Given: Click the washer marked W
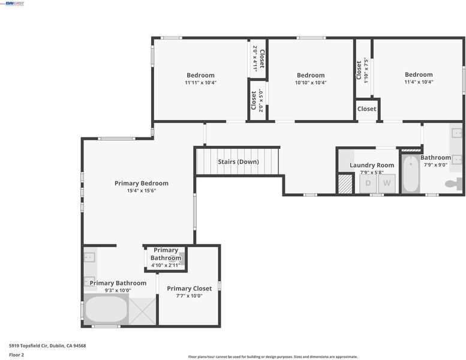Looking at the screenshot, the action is coord(387,184).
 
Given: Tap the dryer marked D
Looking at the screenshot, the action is coord(368,184).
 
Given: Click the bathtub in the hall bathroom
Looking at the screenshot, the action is coord(411,173).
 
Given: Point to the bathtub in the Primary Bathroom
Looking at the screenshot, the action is coord(106,309).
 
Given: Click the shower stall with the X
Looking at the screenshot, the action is coord(142,311).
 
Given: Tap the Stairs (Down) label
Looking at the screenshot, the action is coord(238,162).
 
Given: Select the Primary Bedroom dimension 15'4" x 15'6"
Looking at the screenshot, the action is coord(142,191).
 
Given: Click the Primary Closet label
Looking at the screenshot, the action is coord(190,289).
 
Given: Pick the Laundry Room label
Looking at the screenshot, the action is coord(372,165).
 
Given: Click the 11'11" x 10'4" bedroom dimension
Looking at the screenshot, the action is coord(200,83).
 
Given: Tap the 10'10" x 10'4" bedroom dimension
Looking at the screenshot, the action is coord(311,83).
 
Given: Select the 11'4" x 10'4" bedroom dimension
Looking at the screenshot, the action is coord(419,82).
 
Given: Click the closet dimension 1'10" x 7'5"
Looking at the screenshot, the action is coord(366,70).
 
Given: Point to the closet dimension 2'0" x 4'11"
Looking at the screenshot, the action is coord(255,59).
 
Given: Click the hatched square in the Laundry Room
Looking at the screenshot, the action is coord(345,184).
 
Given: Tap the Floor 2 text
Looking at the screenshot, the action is coord(16,355).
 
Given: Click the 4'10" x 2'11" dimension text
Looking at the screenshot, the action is coord(166,265).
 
